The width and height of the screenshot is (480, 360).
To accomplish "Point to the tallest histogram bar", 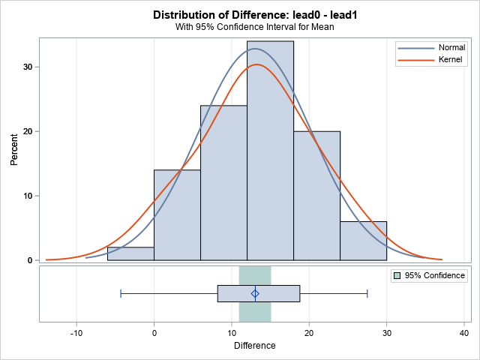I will (x=270, y=150).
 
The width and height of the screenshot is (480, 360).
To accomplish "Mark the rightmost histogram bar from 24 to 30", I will (x=363, y=241).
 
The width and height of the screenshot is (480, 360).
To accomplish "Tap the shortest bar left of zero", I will (x=130, y=253).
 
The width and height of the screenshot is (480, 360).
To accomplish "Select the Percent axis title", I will (x=13, y=150).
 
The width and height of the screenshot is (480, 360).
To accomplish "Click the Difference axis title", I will (x=254, y=346).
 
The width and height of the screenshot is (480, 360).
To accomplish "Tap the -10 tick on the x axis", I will (x=76, y=333).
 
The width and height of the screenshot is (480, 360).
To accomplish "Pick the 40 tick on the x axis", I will (x=464, y=333).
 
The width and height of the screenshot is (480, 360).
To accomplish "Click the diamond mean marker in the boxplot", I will (x=255, y=293).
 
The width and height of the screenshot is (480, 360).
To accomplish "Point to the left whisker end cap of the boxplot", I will (x=121, y=293).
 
